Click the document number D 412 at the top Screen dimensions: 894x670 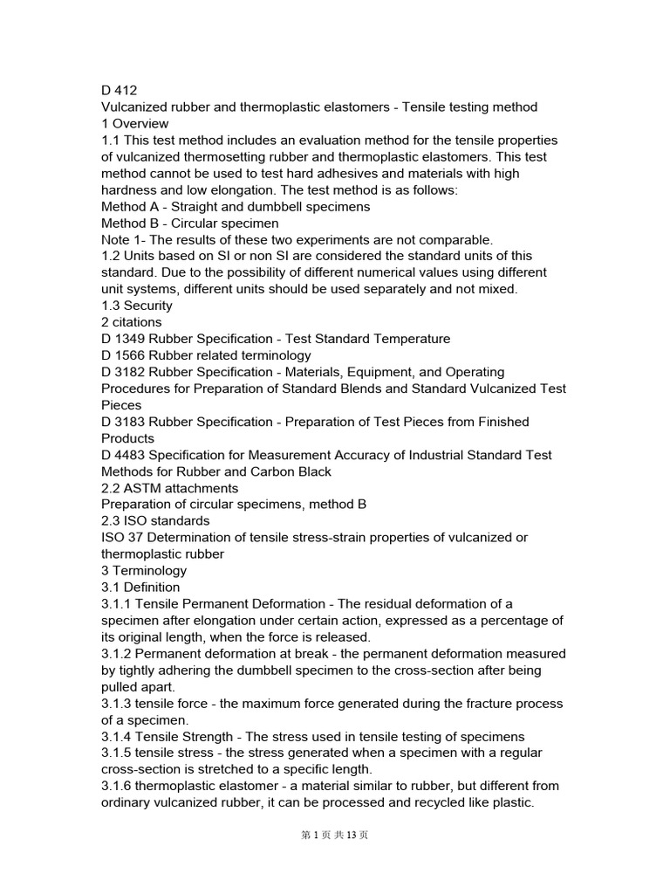click(120, 90)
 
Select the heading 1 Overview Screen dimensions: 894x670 click(135, 123)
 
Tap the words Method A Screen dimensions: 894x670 click(132, 206)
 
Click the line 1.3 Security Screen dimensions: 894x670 click(137, 306)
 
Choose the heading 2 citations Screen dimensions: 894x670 click(132, 322)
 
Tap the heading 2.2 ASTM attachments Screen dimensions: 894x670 click(170, 488)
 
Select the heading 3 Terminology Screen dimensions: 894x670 click(144, 571)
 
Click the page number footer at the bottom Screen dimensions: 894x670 click(335, 836)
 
